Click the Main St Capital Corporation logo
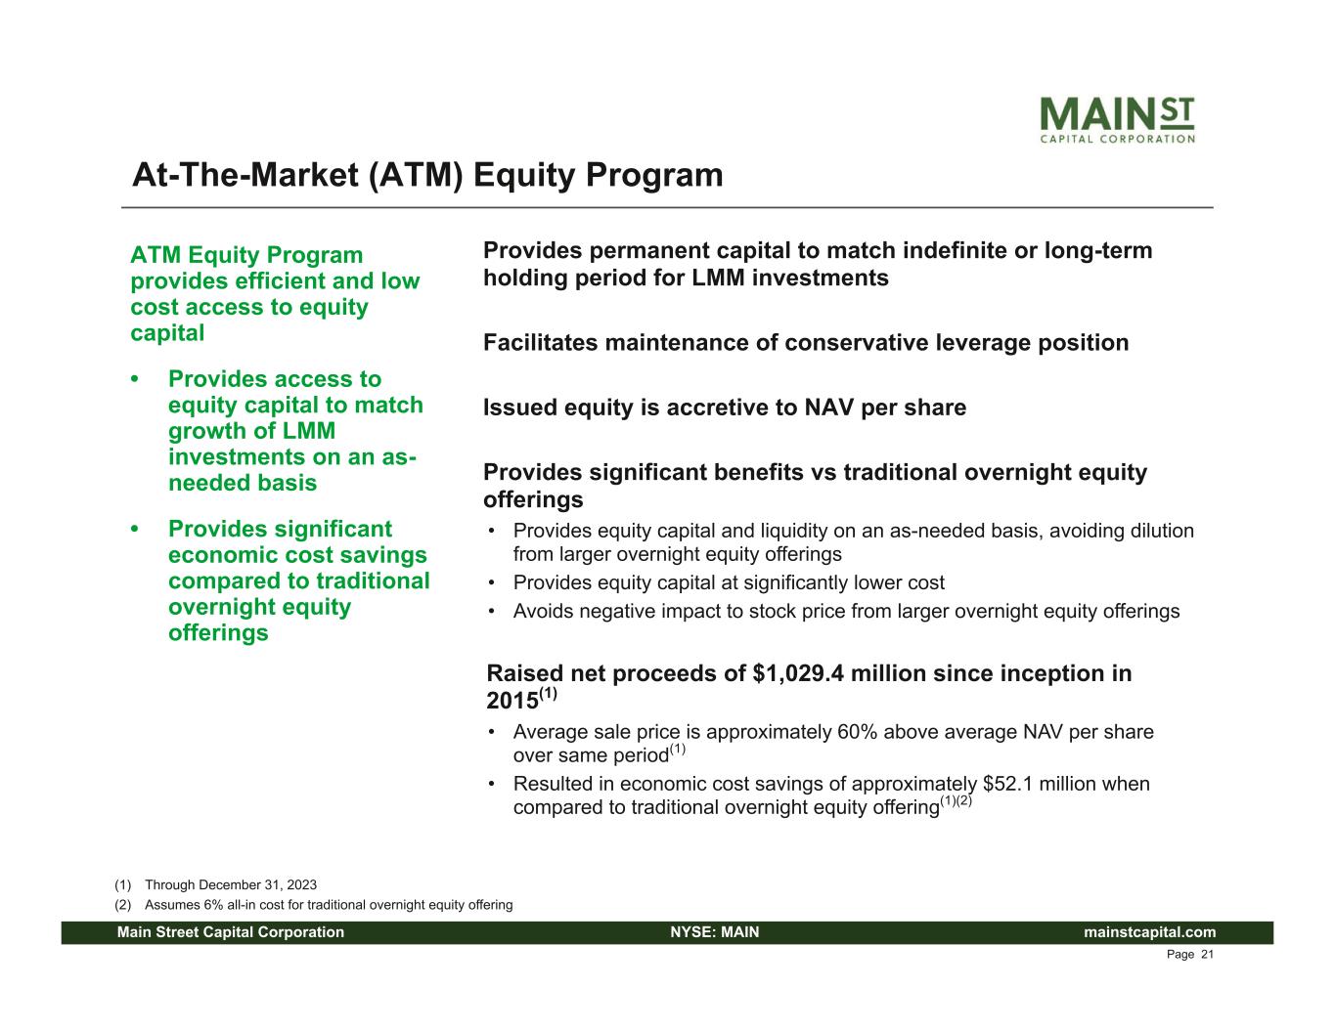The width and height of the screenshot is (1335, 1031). (1117, 120)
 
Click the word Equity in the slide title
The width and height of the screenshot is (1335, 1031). (524, 176)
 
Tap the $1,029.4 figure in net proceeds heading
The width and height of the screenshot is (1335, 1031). (797, 674)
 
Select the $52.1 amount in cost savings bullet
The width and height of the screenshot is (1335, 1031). (1007, 784)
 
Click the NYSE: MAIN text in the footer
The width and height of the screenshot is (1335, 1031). (715, 932)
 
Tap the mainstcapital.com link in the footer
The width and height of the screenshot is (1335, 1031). (1149, 932)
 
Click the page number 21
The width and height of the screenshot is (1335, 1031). (1207, 955)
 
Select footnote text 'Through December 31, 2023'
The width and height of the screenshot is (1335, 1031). (231, 885)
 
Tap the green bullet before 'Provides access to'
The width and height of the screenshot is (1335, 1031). (135, 378)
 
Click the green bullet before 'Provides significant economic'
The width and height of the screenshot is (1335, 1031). (135, 529)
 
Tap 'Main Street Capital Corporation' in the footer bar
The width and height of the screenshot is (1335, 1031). (231, 932)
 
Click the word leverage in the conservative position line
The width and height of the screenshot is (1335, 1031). (983, 343)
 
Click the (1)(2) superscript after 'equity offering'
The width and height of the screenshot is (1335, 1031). (956, 801)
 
